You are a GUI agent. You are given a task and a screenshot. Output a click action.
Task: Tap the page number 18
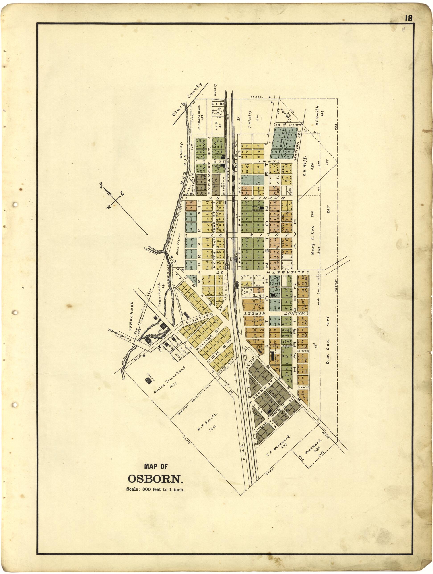pyautogui.click(x=408, y=18)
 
